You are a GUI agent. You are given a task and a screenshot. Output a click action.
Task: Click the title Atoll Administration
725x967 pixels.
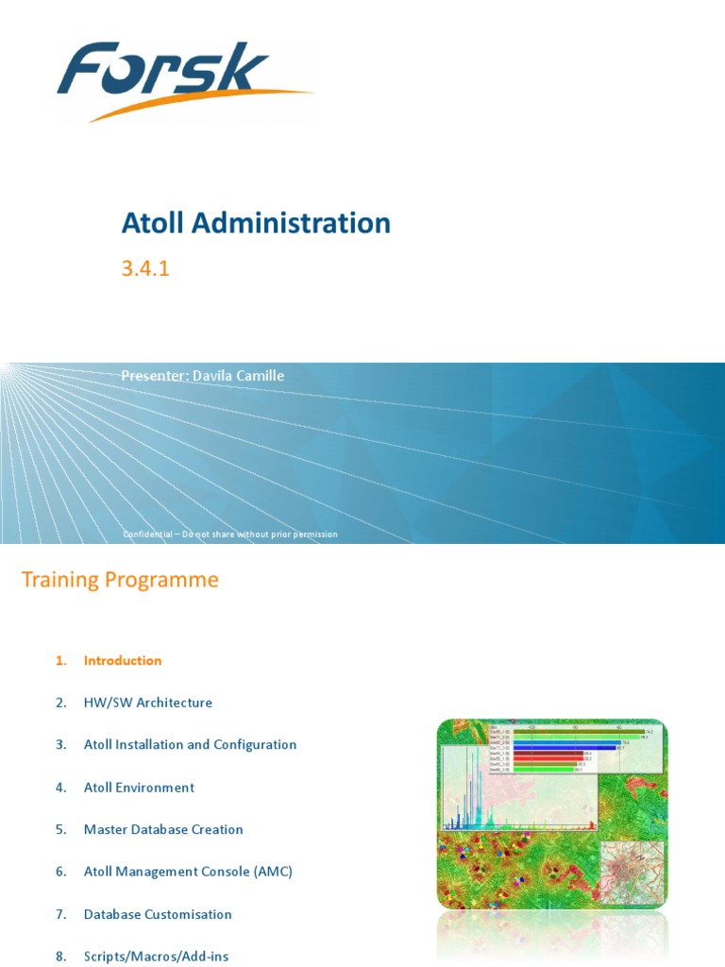coord(256,223)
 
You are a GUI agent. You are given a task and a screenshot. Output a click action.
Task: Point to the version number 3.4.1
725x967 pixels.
coord(144,269)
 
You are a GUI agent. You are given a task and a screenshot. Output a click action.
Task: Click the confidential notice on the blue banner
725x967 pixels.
coord(229,534)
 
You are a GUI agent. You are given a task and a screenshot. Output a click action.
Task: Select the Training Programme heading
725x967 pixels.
coord(120,580)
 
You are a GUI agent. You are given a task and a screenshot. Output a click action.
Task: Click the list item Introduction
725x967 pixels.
coord(123,661)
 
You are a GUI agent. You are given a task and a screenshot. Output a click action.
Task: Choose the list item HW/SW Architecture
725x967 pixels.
coord(148,703)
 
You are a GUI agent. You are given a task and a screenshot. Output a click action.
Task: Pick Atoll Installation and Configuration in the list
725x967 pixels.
coord(190,745)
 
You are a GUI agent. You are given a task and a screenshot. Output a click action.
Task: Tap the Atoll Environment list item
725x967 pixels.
coord(139,788)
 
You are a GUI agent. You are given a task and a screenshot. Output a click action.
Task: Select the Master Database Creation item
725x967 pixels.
coord(163,830)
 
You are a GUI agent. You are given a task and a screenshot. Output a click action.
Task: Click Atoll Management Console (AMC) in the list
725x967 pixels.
coord(188,872)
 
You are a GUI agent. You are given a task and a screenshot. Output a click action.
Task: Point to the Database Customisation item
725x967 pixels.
coord(158,914)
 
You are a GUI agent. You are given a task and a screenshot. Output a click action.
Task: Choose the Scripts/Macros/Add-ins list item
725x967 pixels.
coord(156,957)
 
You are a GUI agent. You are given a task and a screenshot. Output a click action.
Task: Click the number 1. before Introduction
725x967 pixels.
coord(61,661)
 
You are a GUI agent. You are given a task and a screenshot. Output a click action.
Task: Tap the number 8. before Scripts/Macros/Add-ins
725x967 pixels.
coord(61,957)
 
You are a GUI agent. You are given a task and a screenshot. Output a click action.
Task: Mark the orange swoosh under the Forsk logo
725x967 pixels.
coord(198,104)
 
